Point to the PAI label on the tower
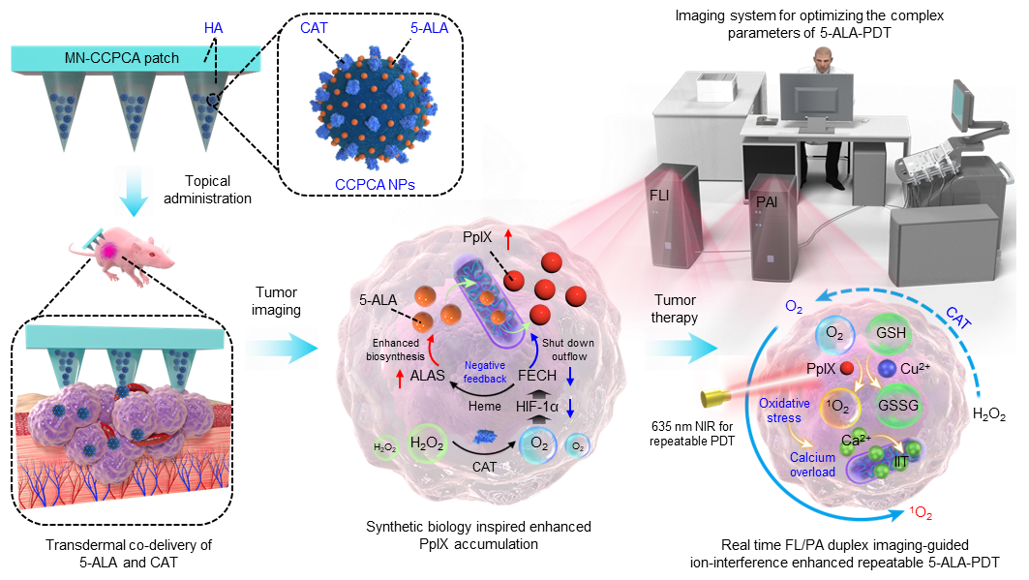coord(767,204)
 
